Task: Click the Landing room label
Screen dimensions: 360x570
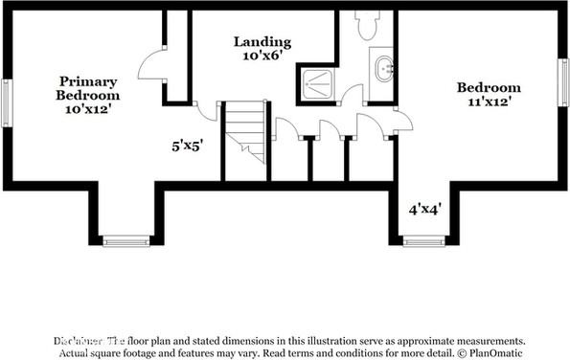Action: [262, 41]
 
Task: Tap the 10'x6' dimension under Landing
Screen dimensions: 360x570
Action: [262, 56]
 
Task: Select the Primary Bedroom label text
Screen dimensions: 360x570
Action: [88, 88]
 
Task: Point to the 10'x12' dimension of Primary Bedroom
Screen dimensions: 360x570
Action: [88, 109]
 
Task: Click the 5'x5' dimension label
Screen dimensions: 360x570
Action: [187, 146]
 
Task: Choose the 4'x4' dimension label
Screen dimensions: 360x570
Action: [423, 208]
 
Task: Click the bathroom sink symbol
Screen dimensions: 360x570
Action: [383, 68]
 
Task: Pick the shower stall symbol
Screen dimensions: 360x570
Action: [316, 82]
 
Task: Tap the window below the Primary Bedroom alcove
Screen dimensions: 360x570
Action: [126, 241]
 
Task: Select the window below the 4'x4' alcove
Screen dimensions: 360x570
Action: [424, 241]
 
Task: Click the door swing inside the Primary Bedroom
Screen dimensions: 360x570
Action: [152, 65]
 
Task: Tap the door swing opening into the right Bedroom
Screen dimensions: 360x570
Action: [401, 120]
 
